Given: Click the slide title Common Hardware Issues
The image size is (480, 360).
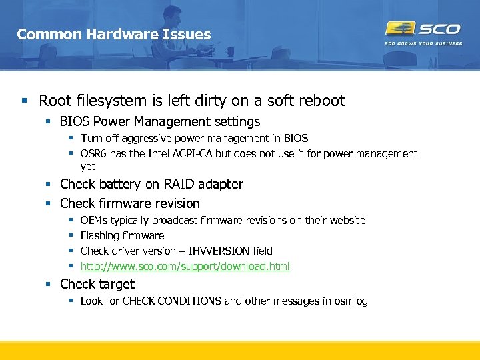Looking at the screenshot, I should [113, 34].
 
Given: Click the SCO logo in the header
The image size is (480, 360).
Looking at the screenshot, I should [423, 29].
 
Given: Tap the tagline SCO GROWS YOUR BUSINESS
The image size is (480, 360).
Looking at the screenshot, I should [423, 44].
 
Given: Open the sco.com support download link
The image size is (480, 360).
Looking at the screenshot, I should [185, 267].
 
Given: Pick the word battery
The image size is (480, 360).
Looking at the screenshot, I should [113, 184].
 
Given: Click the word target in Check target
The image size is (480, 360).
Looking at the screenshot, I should [116, 285].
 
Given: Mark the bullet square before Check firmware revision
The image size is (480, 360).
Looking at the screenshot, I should [49, 204].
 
